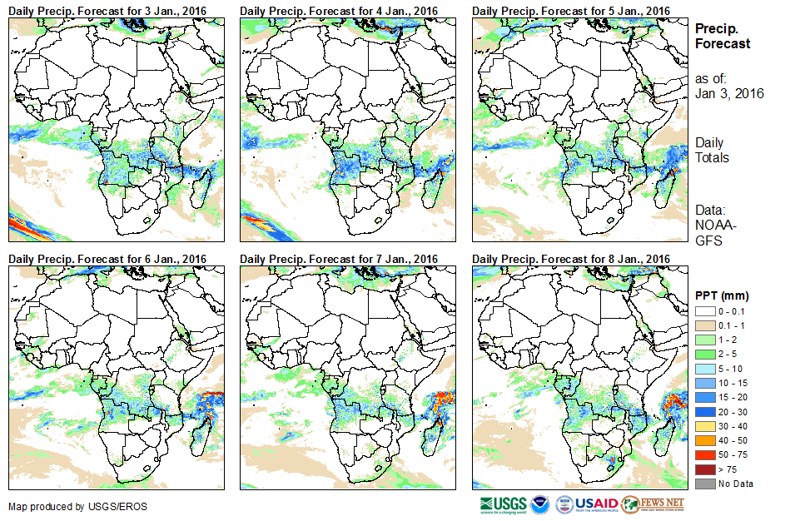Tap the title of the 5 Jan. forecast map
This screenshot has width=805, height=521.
click(x=570, y=10)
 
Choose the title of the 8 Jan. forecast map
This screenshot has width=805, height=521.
click(x=570, y=259)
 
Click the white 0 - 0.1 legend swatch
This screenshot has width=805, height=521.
click(x=703, y=310)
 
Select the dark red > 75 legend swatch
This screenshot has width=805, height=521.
click(x=703, y=469)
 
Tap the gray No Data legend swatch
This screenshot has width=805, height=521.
click(x=703, y=484)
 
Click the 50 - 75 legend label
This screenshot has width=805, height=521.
click(x=733, y=455)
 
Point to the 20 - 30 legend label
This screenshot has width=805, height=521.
click(x=733, y=412)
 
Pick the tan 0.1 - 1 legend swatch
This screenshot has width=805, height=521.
click(x=703, y=325)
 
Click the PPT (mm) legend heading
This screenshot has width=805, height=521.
click(x=722, y=295)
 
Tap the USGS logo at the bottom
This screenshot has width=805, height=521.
click(x=504, y=504)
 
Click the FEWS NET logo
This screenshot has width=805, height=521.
click(x=653, y=504)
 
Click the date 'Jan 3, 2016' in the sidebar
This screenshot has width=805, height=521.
click(x=729, y=93)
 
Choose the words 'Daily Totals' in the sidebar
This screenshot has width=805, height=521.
click(x=712, y=150)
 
